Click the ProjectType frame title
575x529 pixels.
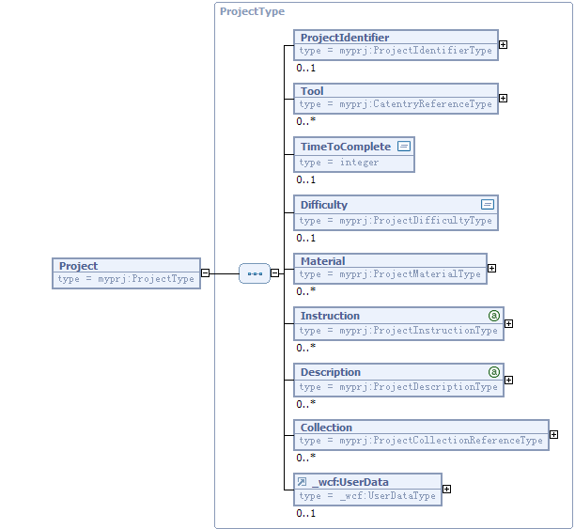click(252, 11)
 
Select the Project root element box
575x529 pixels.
click(126, 273)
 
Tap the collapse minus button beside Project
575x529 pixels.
click(206, 272)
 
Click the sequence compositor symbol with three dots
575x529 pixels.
click(255, 273)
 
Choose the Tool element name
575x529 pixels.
click(312, 91)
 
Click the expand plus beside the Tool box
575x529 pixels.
click(504, 99)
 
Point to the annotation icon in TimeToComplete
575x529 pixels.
click(404, 147)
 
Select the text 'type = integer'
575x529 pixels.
click(338, 163)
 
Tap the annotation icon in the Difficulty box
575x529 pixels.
click(488, 204)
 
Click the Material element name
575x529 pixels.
click(322, 261)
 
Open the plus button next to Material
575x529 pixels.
click(491, 269)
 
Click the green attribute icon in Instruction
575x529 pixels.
click(494, 316)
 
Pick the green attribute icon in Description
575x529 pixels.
click(494, 372)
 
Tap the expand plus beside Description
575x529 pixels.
click(508, 380)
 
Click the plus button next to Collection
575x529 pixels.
click(553, 435)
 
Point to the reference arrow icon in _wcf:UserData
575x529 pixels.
click(302, 481)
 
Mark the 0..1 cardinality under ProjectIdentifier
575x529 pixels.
click(306, 68)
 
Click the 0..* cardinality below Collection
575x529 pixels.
click(306, 458)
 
